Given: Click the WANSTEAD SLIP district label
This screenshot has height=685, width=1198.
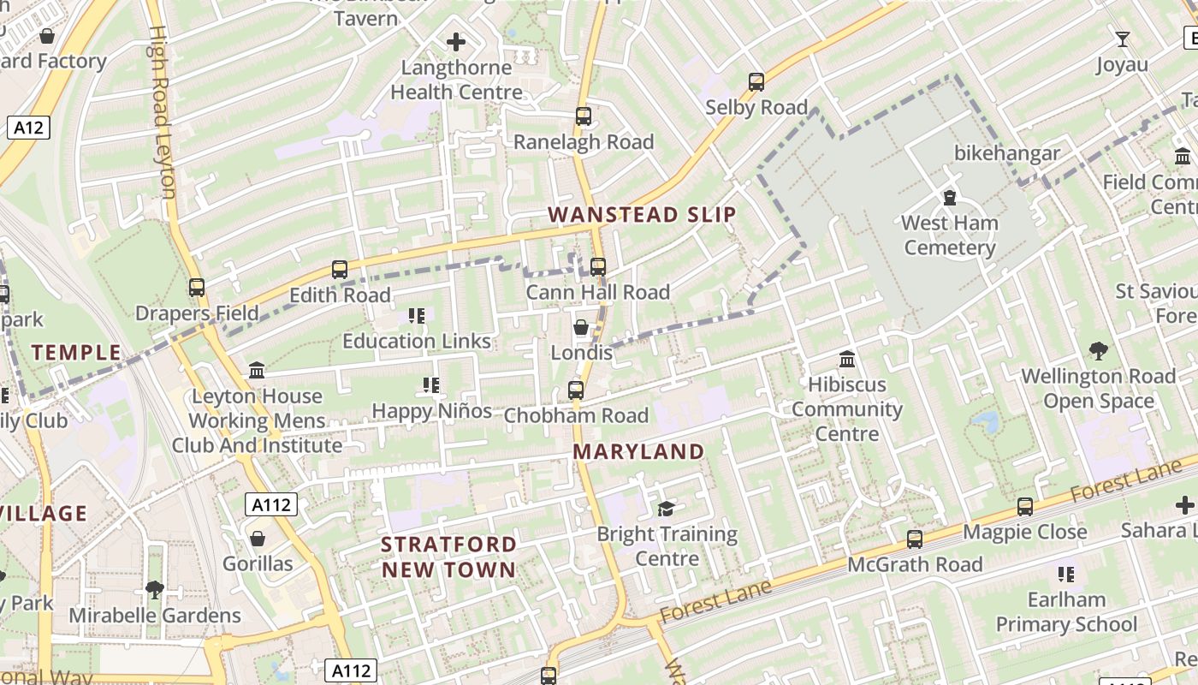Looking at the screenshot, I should coord(642,214).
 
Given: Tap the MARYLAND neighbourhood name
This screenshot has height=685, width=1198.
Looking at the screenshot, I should coord(638,451).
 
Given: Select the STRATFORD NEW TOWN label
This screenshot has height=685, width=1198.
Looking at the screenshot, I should coord(448,557).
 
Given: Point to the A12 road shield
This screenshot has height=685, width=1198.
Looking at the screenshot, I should coord(28,128).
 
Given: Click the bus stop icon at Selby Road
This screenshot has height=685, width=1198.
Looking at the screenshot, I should coord(756,82).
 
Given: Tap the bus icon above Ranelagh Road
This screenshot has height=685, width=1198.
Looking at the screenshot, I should coord(584,116).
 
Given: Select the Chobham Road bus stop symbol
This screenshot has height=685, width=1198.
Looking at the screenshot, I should coord(576,390).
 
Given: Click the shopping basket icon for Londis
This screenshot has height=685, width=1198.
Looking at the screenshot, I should coord(581,328).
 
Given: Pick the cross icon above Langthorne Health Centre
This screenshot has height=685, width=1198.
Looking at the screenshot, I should coord(456,41).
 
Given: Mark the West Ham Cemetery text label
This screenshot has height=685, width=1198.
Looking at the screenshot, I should coord(949,235).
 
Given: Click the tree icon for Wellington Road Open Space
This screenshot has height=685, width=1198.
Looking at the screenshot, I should coord(1098,351).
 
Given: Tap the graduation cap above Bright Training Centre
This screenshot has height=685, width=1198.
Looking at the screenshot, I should coord(666,509).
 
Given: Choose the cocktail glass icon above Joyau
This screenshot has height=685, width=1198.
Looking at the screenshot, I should coord(1122,39).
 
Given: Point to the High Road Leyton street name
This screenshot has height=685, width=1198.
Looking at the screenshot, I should coord(162,111).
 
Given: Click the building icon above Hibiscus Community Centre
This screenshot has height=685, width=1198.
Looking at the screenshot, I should coord(847,359).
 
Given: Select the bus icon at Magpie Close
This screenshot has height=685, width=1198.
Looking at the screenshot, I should coord(1025,507).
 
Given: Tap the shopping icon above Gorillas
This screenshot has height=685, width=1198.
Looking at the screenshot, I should coord(258,539).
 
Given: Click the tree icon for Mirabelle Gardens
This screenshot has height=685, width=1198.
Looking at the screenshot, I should coord(155,590).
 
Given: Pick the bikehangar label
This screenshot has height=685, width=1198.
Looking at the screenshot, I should coord(1007,153).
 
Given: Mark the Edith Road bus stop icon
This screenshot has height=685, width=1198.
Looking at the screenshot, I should coord(340,270).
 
